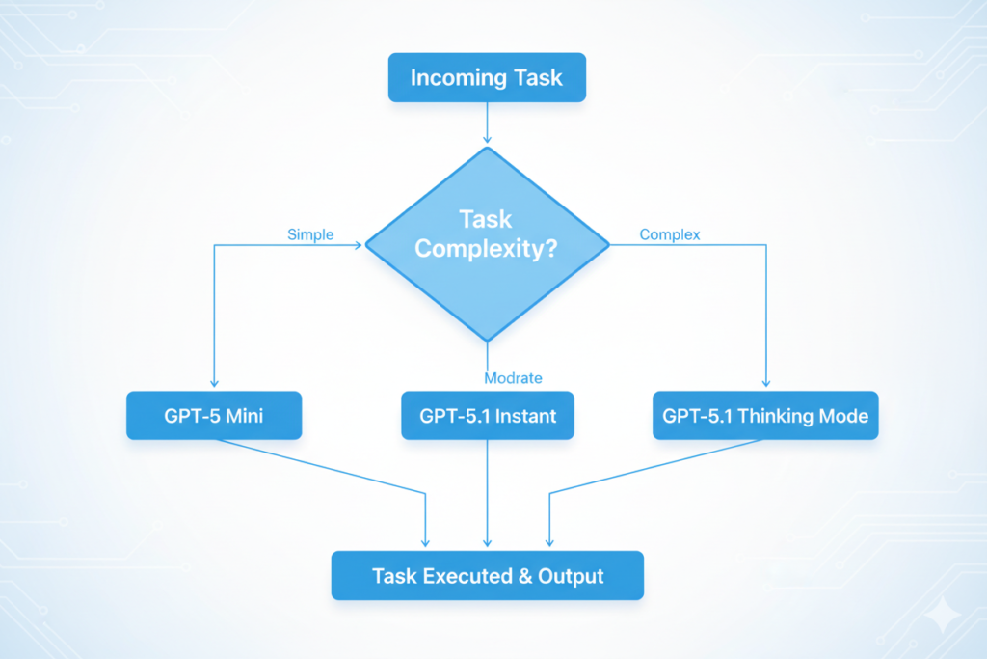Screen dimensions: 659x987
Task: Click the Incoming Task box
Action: coord(487,78)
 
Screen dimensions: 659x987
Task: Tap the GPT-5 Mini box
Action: coord(214,417)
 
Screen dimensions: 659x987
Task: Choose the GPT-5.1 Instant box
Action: coord(487,417)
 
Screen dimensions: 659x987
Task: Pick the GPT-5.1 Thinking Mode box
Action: coord(765,417)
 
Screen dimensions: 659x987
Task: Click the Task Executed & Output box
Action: coord(487,576)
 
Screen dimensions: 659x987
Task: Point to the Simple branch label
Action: coord(310,234)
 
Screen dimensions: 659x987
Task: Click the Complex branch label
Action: coord(670,234)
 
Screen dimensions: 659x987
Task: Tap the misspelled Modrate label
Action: coord(513,377)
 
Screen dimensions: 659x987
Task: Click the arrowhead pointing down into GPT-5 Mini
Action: coord(214,383)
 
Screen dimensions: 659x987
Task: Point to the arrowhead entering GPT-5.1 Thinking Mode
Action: coord(766,383)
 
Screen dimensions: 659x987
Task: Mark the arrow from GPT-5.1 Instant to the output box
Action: coord(487,492)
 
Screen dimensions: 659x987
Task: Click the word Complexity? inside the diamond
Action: coord(487,249)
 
